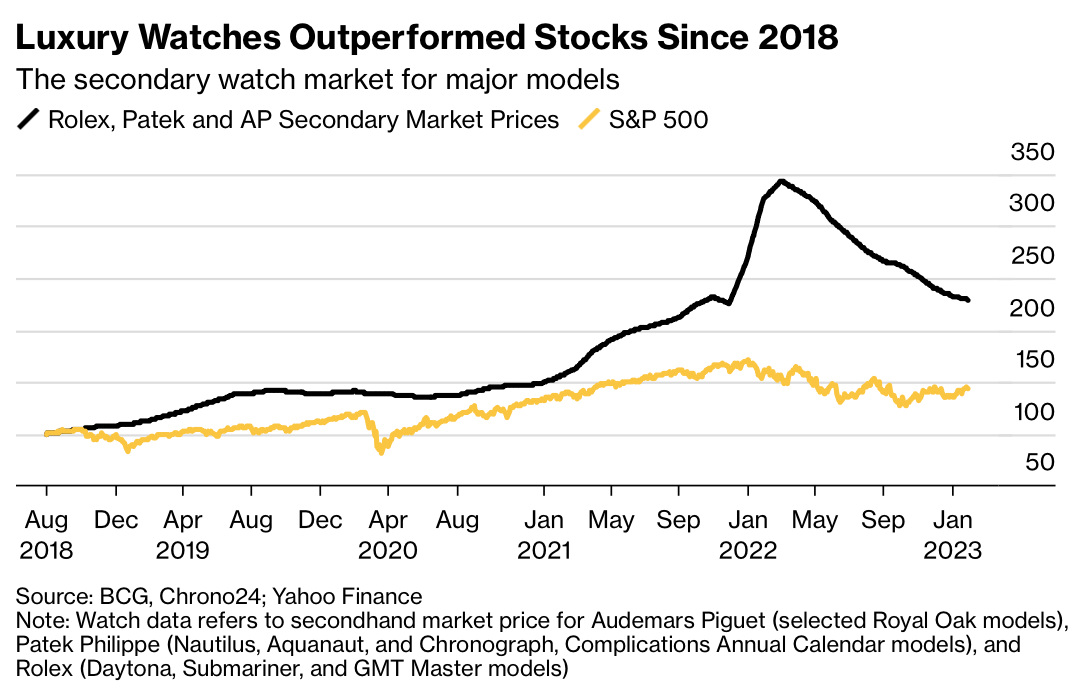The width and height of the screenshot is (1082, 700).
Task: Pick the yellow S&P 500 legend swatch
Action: [591, 120]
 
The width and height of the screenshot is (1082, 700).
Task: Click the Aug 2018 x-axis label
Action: [47, 534]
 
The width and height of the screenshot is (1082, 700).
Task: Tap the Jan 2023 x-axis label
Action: [953, 534]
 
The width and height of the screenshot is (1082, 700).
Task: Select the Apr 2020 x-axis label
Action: [388, 534]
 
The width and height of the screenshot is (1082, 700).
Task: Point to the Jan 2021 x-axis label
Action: [544, 534]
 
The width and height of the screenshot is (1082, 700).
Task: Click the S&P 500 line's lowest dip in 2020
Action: [381, 452]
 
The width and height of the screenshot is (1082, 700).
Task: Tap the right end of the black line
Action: [968, 300]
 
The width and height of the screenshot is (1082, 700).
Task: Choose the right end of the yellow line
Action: [968, 388]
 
